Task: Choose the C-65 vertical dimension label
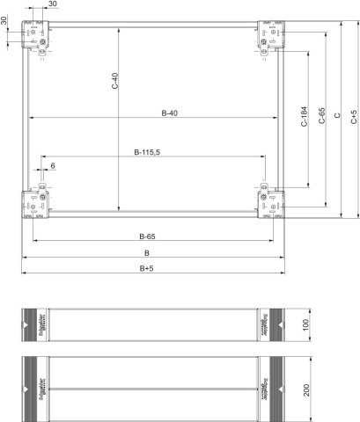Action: point(323,119)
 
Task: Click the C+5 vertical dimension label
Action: point(354,119)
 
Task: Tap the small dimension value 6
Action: point(53,165)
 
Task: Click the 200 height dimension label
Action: point(305,388)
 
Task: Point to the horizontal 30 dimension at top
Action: point(54,5)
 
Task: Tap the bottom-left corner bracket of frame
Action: point(35,202)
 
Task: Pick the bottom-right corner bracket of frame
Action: point(269,202)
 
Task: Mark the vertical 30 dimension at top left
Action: point(4,19)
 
